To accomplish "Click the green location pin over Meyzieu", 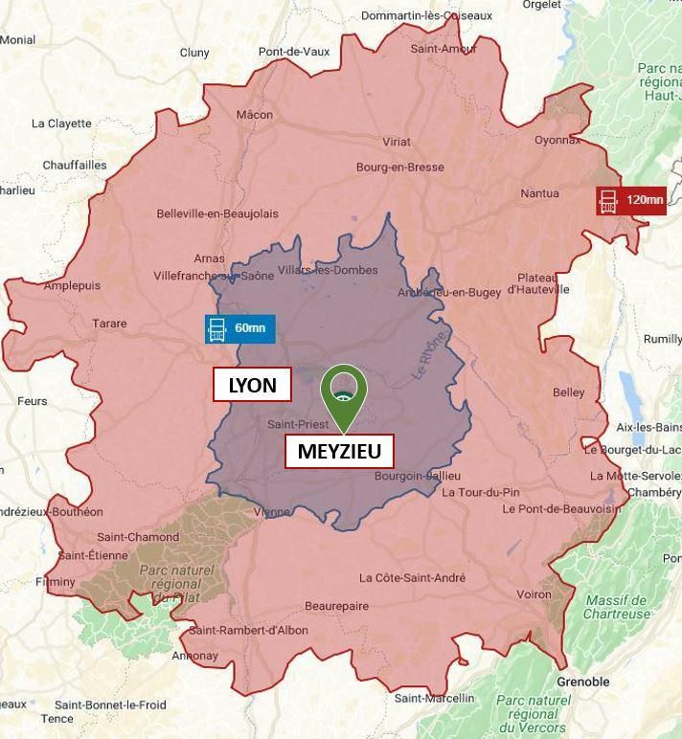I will pyautogui.click(x=343, y=391).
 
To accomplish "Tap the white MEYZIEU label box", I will pyautogui.click(x=339, y=451).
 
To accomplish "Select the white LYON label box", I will pyautogui.click(x=251, y=386).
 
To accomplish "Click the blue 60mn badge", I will pyautogui.click(x=239, y=328).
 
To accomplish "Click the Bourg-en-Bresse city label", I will pyautogui.click(x=400, y=168).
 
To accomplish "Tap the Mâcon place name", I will pyautogui.click(x=255, y=115).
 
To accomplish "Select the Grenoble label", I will pyautogui.click(x=582, y=682).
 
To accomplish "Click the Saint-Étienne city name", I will pyautogui.click(x=93, y=555).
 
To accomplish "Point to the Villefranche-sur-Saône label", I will pyautogui.click(x=214, y=276).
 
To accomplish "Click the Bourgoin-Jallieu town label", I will pyautogui.click(x=418, y=476).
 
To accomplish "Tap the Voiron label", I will pyautogui.click(x=534, y=594).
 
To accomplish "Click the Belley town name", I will pyautogui.click(x=568, y=392).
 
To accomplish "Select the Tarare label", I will pyautogui.click(x=109, y=324).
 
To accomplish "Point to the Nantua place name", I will pyautogui.click(x=539, y=193).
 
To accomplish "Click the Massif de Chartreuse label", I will pyautogui.click(x=618, y=607).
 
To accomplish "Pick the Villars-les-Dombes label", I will pyautogui.click(x=328, y=270).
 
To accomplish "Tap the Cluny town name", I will pyautogui.click(x=194, y=53).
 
